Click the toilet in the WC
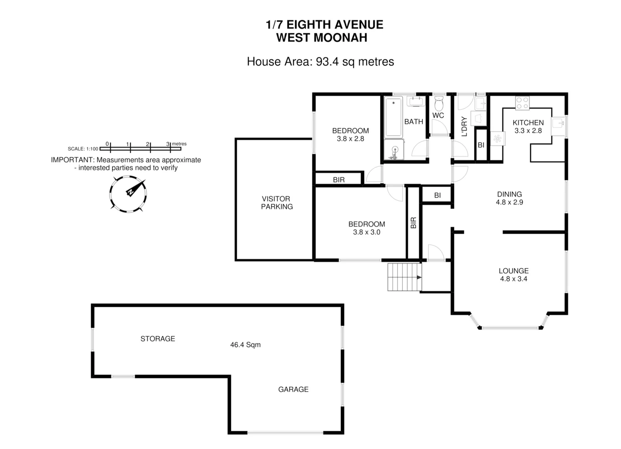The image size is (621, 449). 439,104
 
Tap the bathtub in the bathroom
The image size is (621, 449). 393,117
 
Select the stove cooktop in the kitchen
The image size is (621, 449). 522,103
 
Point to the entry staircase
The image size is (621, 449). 405,277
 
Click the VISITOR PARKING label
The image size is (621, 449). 277,202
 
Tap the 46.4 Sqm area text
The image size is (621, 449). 245,345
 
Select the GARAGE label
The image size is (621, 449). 293,389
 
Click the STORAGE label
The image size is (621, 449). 158,338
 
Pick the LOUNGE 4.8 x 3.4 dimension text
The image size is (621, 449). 514,279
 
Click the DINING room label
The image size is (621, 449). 509,194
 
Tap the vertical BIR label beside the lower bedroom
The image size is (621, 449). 413,223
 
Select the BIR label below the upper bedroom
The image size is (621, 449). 339,180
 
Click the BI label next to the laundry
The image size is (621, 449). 481,145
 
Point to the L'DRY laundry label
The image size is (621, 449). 465,126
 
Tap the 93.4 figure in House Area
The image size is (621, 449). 327,62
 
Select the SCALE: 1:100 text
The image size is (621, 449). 83,149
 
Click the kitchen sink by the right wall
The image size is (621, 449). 558,123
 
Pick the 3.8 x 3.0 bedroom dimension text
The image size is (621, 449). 367,232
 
